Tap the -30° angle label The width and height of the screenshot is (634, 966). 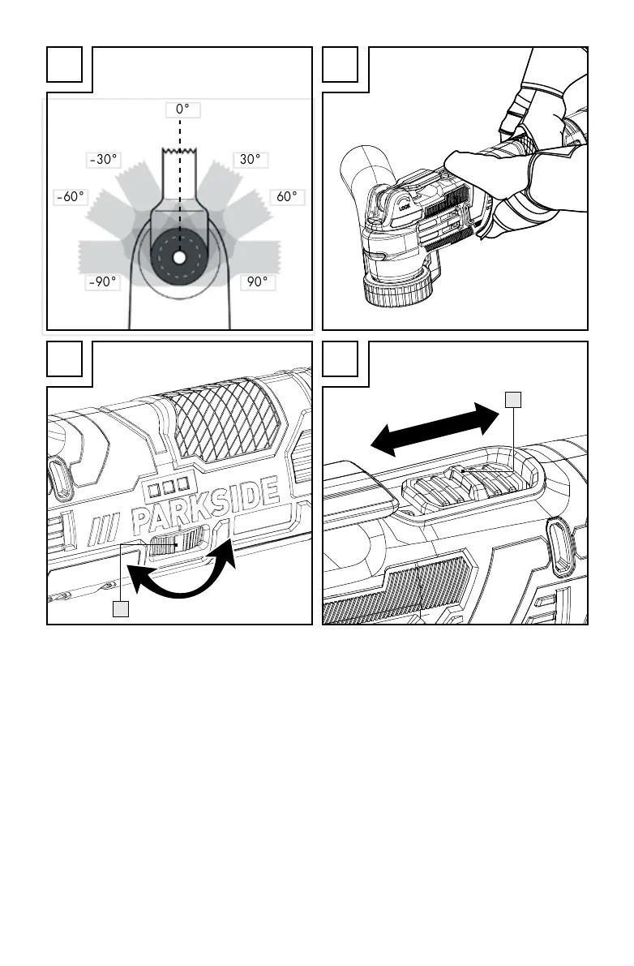[104, 160]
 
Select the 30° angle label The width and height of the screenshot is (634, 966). [251, 160]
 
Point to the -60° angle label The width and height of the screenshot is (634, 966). [71, 197]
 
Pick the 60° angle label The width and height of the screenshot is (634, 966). [287, 197]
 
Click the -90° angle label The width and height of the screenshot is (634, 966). [104, 282]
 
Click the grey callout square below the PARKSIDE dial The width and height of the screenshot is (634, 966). [121, 608]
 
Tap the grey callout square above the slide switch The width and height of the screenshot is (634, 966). [512, 398]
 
